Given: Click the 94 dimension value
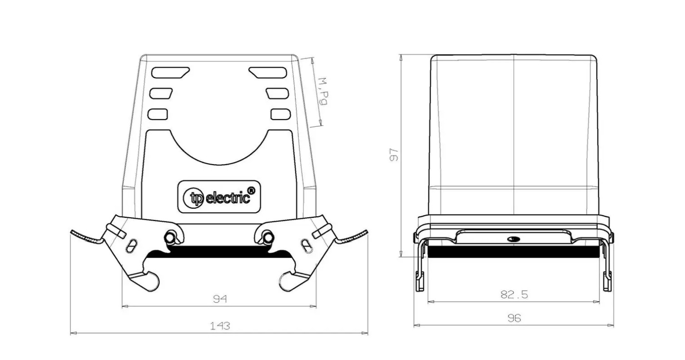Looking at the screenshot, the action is [x=220, y=299].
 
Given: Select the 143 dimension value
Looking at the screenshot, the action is [x=220, y=326].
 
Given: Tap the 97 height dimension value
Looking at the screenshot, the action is [x=394, y=155].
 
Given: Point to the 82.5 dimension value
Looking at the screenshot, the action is [x=514, y=295].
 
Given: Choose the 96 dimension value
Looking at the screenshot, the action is [x=514, y=318].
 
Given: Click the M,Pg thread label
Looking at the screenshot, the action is [x=323, y=91].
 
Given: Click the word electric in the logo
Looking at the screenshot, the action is [x=228, y=198].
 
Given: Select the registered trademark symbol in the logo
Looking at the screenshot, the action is [x=251, y=190].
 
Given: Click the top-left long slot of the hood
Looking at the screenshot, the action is [x=170, y=73].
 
